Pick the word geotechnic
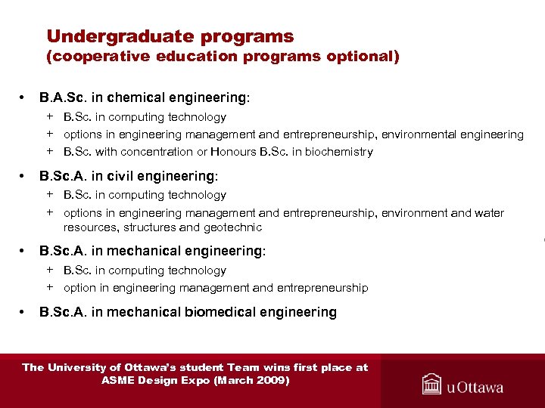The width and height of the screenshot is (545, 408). coord(232,227)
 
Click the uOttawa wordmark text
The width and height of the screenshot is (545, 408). coord(475,387)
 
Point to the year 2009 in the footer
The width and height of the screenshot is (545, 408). coord(270,380)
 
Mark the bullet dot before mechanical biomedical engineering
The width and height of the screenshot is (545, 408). coord(24,312)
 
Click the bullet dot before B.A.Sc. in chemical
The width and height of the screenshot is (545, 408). coord(24,97)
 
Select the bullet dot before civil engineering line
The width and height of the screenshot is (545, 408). coord(24,176)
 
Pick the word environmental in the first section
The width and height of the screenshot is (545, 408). coord(416,134)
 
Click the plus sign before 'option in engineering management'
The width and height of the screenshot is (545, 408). coord(49,287)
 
